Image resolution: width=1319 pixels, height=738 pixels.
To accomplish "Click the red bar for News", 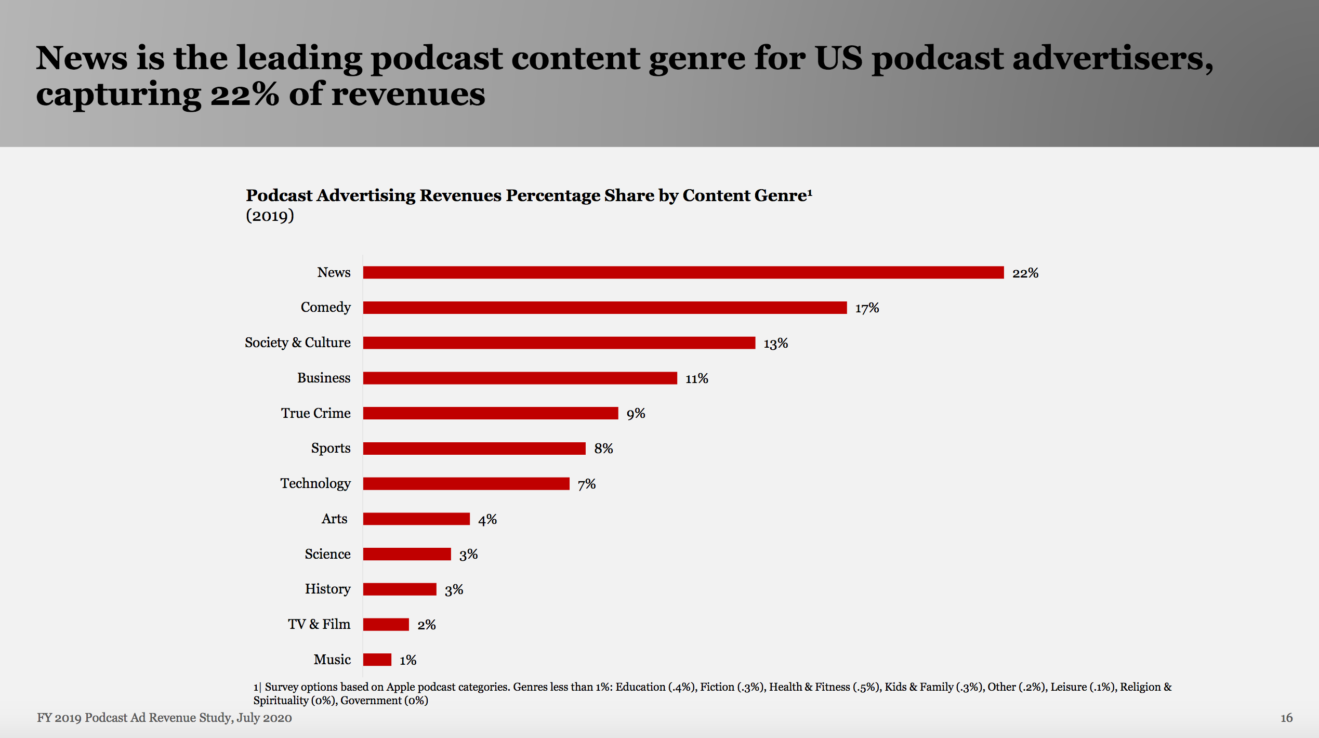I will click(683, 272).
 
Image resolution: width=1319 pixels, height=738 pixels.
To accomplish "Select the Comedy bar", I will click(604, 308).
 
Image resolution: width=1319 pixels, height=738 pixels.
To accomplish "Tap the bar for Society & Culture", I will click(559, 342).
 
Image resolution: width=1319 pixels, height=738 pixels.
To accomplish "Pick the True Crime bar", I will click(490, 413).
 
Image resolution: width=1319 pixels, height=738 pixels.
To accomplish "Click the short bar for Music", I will click(377, 660).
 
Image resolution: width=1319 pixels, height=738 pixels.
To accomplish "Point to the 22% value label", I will click(1025, 273).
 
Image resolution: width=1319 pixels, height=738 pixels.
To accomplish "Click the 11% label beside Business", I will click(696, 378).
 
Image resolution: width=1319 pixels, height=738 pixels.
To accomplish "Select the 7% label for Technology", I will click(586, 484).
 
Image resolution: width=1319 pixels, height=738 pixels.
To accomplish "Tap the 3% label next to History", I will click(454, 589).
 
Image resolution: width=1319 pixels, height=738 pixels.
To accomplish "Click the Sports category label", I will click(331, 448).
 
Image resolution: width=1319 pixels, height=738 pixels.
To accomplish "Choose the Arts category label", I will click(334, 519).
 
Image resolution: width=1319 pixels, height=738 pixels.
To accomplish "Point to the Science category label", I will click(327, 554).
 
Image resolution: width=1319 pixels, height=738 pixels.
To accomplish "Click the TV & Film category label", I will click(319, 624).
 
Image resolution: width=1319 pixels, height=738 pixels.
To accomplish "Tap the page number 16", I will click(1286, 718).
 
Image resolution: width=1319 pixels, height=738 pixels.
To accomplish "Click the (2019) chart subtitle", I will click(270, 215).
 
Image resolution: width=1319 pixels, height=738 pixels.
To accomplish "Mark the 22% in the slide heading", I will click(244, 95).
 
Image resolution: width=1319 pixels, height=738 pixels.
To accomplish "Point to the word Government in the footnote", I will click(371, 701).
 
